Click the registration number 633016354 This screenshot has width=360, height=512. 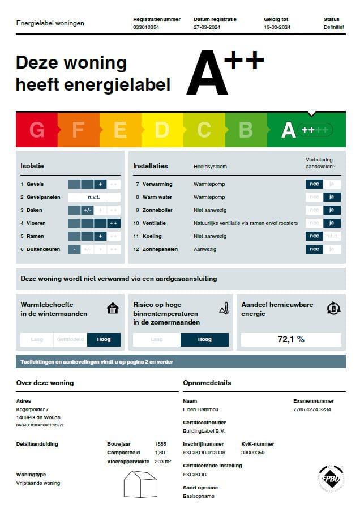pos(146,27)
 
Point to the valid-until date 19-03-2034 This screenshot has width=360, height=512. pos(277,27)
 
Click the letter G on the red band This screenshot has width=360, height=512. pos(37,130)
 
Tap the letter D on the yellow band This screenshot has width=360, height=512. pos(162,130)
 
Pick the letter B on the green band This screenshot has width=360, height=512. pos(246,130)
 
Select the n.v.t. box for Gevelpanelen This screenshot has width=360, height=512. pos(94,197)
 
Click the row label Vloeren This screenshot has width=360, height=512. pos(36,223)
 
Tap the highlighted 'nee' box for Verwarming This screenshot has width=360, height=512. pos(314,184)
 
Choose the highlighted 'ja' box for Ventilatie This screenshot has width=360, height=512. pos(332,223)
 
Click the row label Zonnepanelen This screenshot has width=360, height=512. pos(160,249)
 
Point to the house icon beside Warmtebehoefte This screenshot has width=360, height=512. pos(113,308)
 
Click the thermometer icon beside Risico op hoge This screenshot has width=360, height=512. pos(224,309)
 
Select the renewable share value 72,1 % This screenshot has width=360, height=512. pos(291,339)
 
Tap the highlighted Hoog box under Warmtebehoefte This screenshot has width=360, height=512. pos(104,339)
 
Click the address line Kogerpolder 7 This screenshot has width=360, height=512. pos(32,409)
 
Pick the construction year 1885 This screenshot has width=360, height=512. pos(161,444)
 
